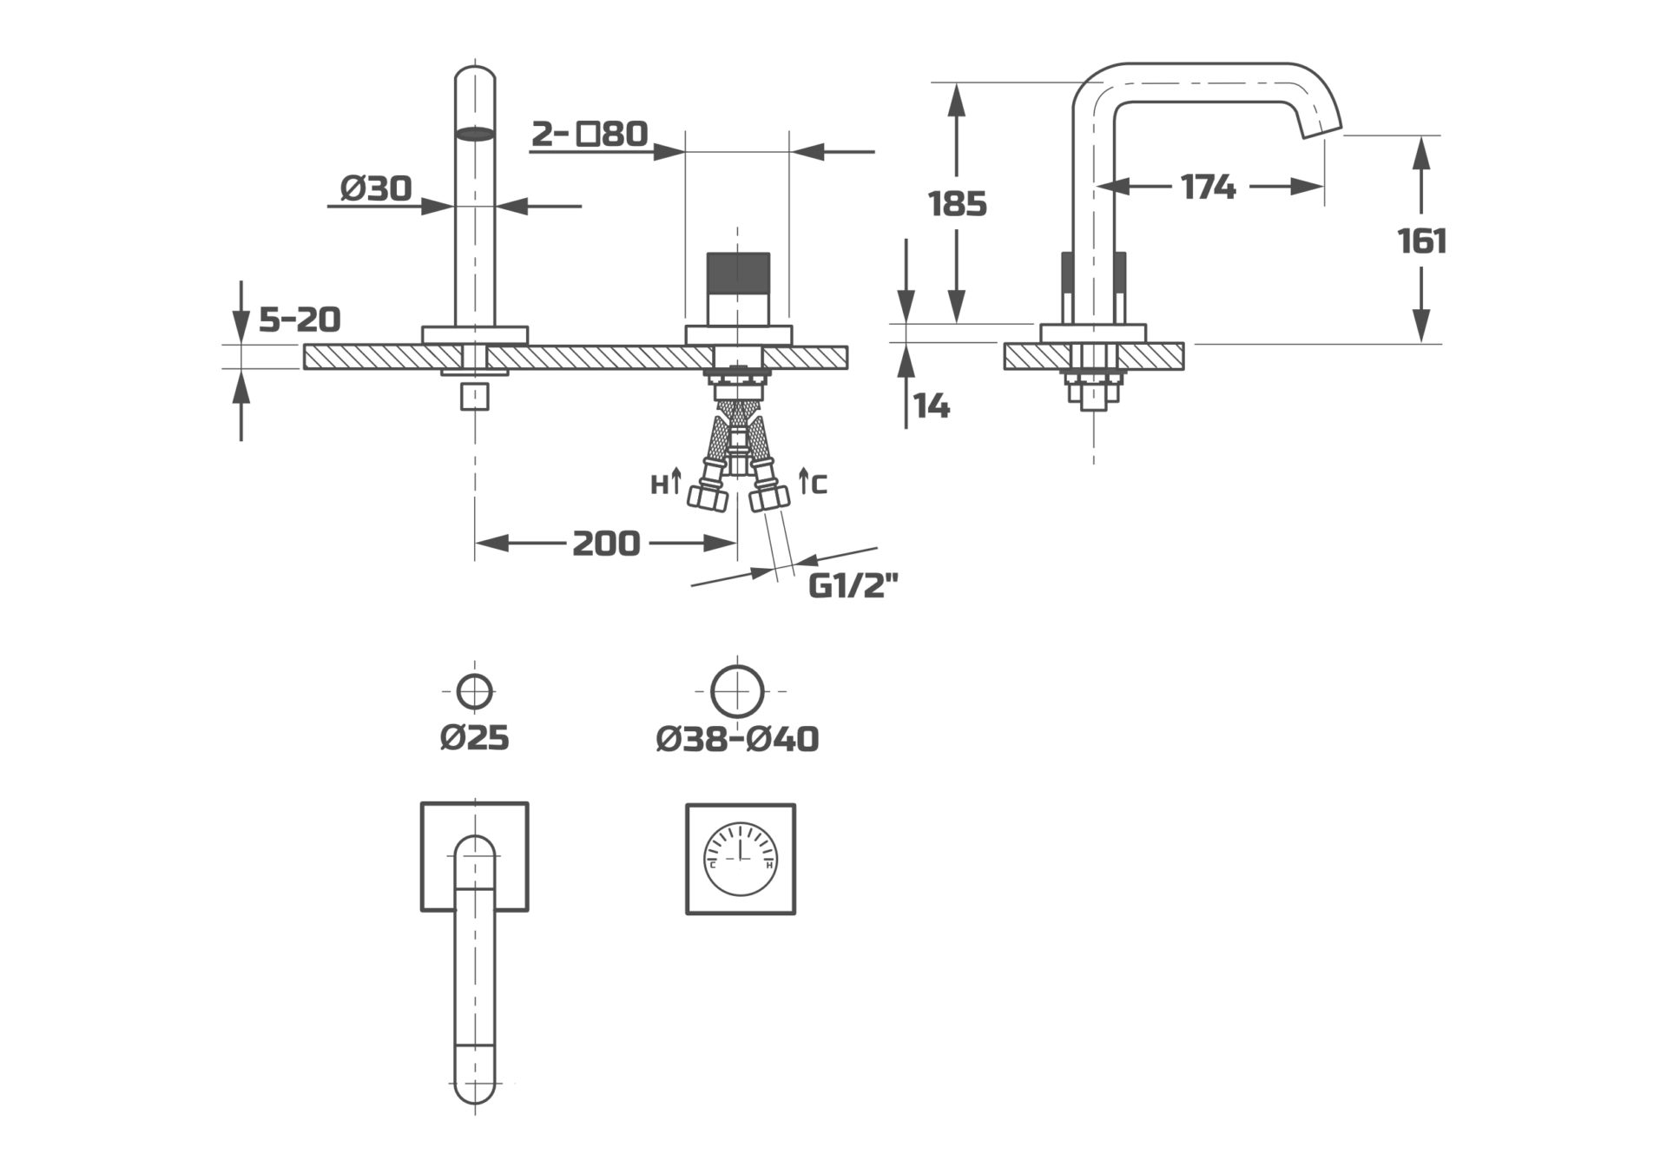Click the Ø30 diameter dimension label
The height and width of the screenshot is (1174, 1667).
tap(376, 188)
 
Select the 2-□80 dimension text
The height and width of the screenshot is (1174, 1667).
tap(590, 134)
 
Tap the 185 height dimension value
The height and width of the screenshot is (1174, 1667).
tap(958, 204)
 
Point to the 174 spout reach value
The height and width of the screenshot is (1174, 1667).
tap(1208, 186)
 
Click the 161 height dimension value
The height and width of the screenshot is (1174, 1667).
tap(1422, 241)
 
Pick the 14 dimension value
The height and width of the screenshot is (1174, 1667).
tap(932, 406)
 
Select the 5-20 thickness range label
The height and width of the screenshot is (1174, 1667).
tap(300, 320)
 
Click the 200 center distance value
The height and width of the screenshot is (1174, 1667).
tap(606, 544)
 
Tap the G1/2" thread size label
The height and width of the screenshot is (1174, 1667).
tap(852, 587)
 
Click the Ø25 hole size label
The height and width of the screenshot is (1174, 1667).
tap(474, 738)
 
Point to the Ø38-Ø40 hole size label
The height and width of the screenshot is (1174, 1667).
tap(737, 739)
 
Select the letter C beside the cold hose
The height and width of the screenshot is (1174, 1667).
tap(820, 485)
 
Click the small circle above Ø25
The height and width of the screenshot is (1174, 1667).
tap(475, 692)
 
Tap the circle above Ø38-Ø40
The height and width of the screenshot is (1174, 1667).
tap(737, 691)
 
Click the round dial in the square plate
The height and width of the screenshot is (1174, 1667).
tap(741, 859)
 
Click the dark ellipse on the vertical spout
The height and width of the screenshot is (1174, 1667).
tap(475, 134)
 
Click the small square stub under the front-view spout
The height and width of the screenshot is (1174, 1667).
tap(475, 397)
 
